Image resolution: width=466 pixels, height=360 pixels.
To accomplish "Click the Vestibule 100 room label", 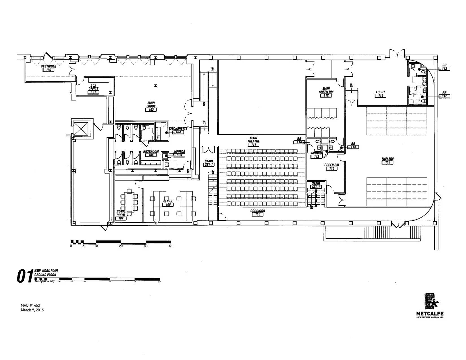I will point(49,68).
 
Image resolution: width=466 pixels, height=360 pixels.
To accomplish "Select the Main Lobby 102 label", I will point(151,106).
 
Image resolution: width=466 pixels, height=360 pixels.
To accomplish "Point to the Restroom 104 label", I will point(151,153).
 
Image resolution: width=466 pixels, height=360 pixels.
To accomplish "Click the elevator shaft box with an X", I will point(81,129).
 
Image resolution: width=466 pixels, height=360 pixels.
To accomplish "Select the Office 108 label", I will point(168,203).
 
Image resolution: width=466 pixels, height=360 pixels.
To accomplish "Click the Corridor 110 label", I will point(257,213).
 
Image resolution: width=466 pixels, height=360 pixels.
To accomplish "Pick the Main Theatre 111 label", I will point(253,141).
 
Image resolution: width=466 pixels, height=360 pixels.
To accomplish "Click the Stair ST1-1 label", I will point(209,163).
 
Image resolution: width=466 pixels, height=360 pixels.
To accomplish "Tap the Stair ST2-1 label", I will point(316,185).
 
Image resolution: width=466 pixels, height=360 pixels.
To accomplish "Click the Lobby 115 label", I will point(380,94).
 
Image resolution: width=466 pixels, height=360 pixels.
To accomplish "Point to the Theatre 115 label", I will point(387,161).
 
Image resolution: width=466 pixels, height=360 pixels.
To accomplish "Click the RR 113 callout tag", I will point(353,147).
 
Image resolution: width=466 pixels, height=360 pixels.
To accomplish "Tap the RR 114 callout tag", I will point(299,142).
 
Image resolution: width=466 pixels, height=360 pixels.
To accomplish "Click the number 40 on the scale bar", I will point(170,246).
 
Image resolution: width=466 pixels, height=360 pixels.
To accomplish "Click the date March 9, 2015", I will point(32,310).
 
